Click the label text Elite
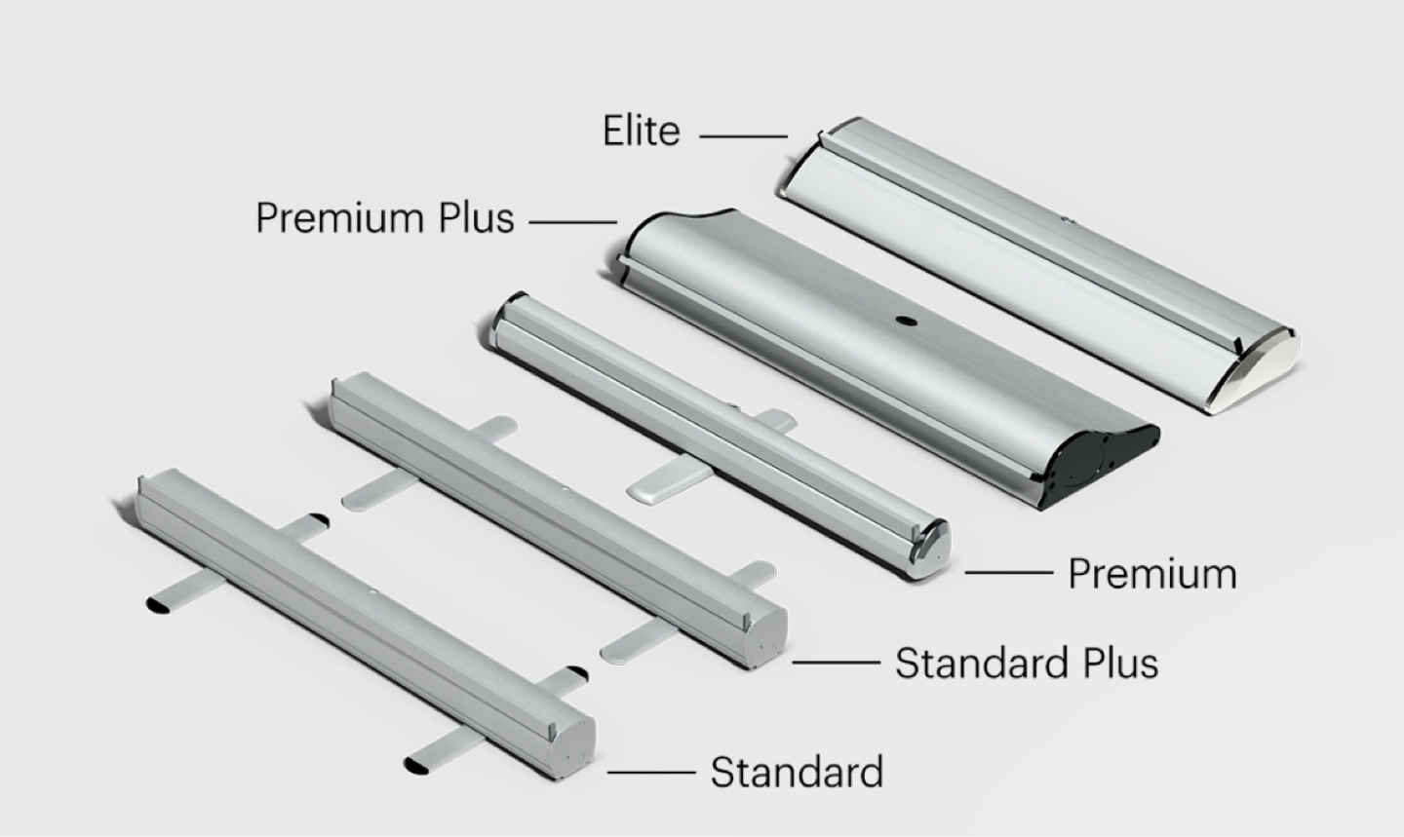[x=642, y=131]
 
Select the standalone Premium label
[x=1152, y=573]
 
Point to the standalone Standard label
[x=797, y=772]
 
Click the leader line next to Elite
[x=743, y=136]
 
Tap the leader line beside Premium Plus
[x=573, y=222]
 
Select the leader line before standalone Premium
[x=1008, y=572]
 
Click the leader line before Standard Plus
[x=837, y=663]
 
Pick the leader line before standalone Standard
[x=651, y=772]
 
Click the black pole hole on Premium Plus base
[x=906, y=322]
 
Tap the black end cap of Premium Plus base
[x=1098, y=461]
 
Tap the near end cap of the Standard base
[x=573, y=748]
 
